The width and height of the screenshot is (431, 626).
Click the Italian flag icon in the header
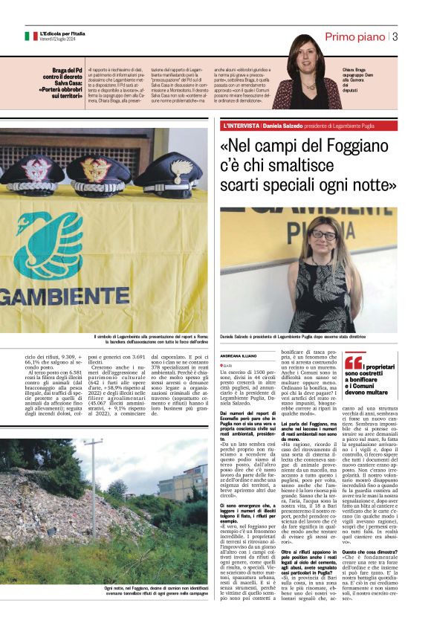coord(31,36)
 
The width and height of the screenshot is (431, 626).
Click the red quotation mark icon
coord(353,362)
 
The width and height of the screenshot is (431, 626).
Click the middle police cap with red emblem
coord(98,172)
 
